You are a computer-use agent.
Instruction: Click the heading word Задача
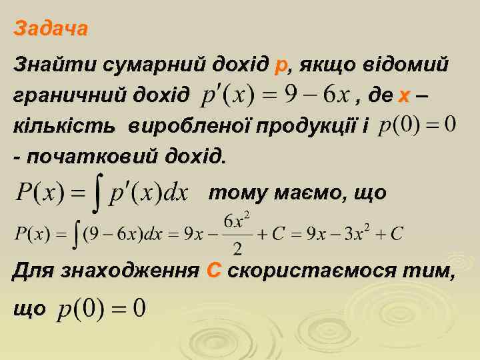[x=51, y=30]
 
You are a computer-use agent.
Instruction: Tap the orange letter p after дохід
[x=281, y=67]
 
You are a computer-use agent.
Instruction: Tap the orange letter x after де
[x=403, y=97]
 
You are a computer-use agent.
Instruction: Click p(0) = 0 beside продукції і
[x=417, y=125]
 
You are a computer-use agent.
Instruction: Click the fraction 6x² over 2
[x=237, y=233]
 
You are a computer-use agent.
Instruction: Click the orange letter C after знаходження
[x=214, y=271]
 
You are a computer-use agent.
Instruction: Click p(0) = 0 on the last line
[x=103, y=308]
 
